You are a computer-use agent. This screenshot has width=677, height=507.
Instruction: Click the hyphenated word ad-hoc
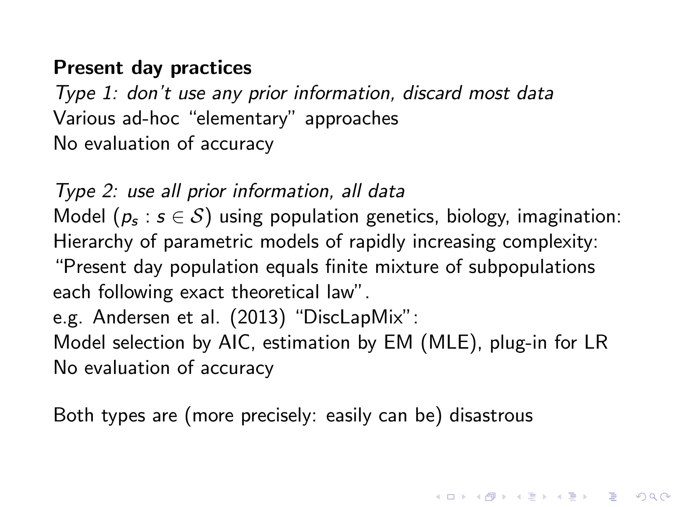coord(150,118)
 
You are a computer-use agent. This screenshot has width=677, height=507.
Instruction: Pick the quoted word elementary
coord(242,119)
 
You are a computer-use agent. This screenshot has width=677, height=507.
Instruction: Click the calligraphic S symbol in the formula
coord(197,217)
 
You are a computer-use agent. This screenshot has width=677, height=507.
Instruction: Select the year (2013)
coord(258,317)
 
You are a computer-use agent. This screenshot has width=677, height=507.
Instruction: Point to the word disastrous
coord(491,415)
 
